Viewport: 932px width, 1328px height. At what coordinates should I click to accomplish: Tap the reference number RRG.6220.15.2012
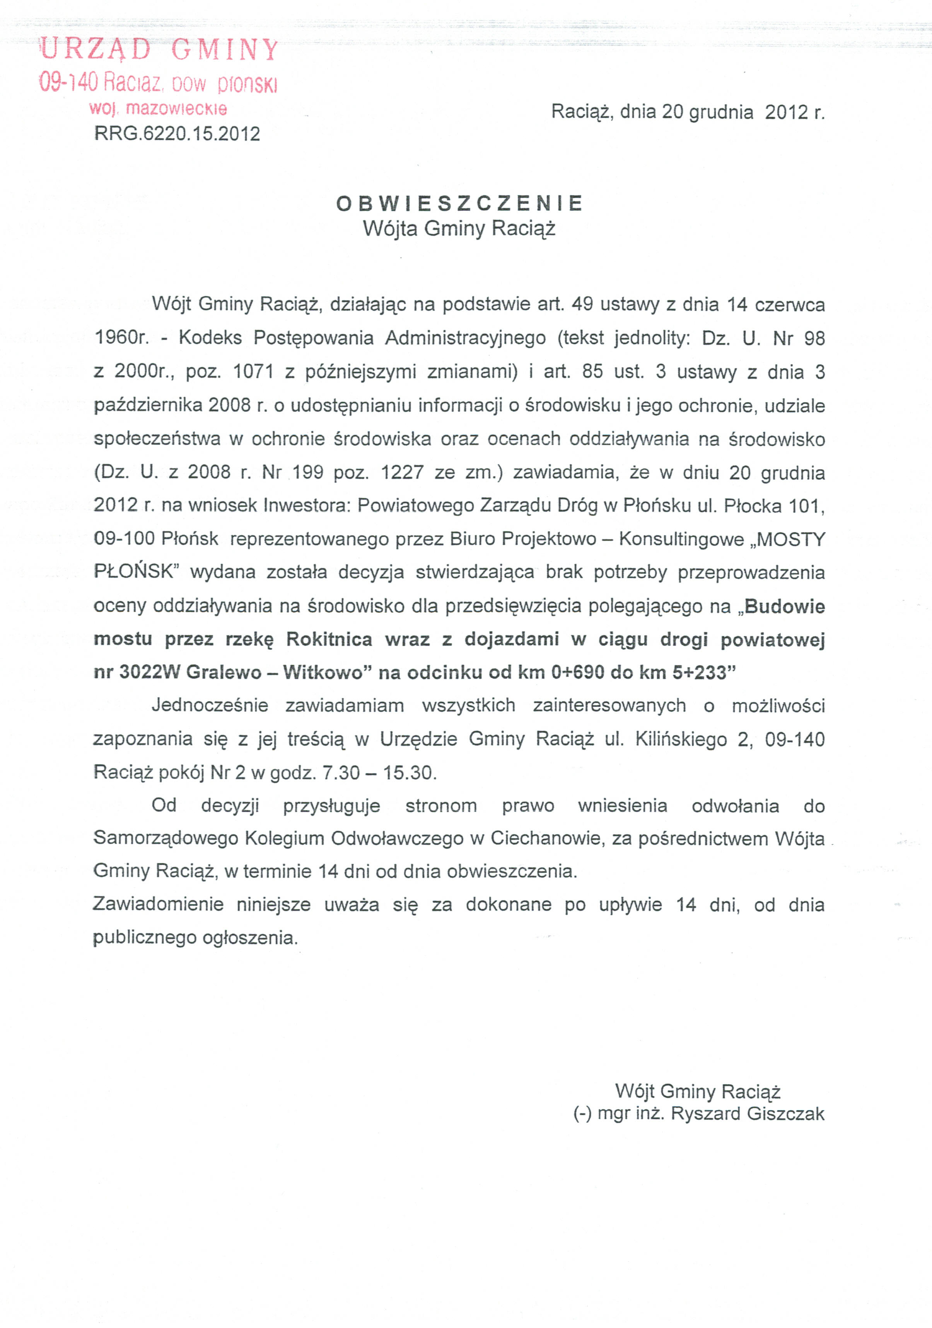177,134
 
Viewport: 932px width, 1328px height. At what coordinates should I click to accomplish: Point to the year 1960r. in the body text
121,337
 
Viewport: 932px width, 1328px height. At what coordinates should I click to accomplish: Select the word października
148,405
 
